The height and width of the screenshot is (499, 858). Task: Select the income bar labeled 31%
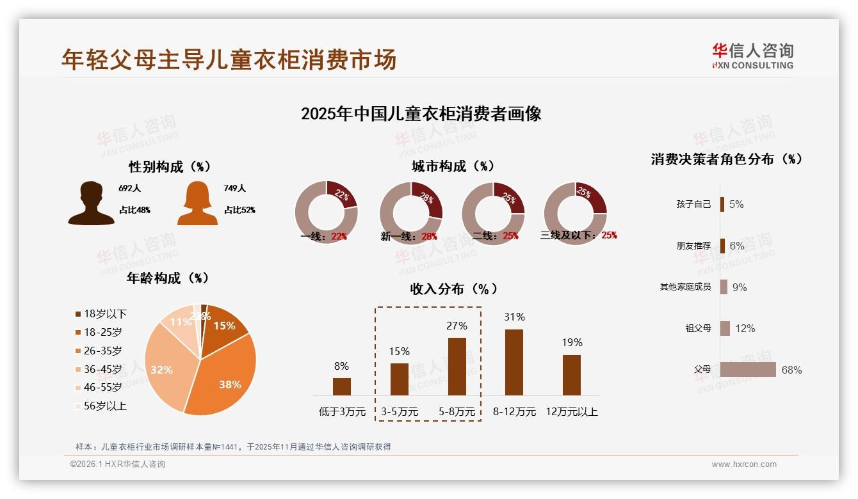point(514,362)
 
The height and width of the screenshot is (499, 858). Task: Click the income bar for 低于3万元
point(342,386)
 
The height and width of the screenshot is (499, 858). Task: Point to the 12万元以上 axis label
point(572,411)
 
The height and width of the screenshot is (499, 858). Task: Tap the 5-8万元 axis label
point(457,411)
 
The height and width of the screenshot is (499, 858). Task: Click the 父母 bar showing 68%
point(747,370)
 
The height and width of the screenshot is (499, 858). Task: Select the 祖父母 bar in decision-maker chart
point(725,328)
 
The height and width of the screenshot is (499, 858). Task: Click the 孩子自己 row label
point(693,204)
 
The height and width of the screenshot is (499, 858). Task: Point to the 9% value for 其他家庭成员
point(740,287)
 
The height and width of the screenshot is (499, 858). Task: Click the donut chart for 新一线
point(410,213)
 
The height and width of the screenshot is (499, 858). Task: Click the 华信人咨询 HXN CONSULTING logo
point(752,56)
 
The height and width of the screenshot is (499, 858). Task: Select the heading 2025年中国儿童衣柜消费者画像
point(421,114)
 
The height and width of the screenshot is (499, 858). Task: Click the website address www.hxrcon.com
point(744,464)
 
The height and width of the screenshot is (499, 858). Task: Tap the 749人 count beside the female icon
point(235,188)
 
